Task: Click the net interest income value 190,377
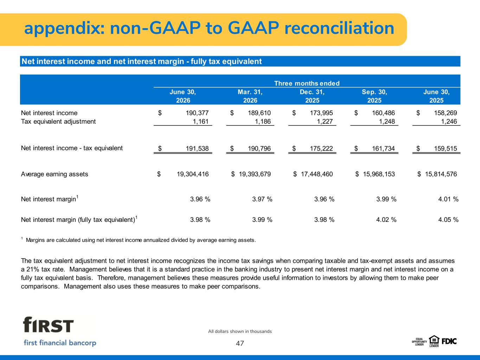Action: click(x=197, y=113)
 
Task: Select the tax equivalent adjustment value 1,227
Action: click(x=325, y=122)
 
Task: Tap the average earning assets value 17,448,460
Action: click(x=316, y=174)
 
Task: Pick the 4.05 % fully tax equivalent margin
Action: click(x=448, y=220)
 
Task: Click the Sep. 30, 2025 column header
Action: click(x=374, y=96)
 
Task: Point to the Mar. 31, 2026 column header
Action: click(x=250, y=96)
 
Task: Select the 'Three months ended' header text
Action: click(x=307, y=83)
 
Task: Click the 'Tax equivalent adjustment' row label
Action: click(x=58, y=122)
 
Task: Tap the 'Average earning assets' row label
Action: click(x=55, y=174)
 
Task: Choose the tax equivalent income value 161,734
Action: click(x=383, y=149)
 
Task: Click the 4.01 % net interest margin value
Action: click(x=448, y=199)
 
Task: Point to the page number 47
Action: click(x=240, y=343)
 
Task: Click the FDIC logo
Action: click(x=449, y=341)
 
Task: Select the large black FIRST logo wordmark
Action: click(x=48, y=324)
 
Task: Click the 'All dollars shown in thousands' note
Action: click(x=240, y=332)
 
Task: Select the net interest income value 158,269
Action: click(x=446, y=113)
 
